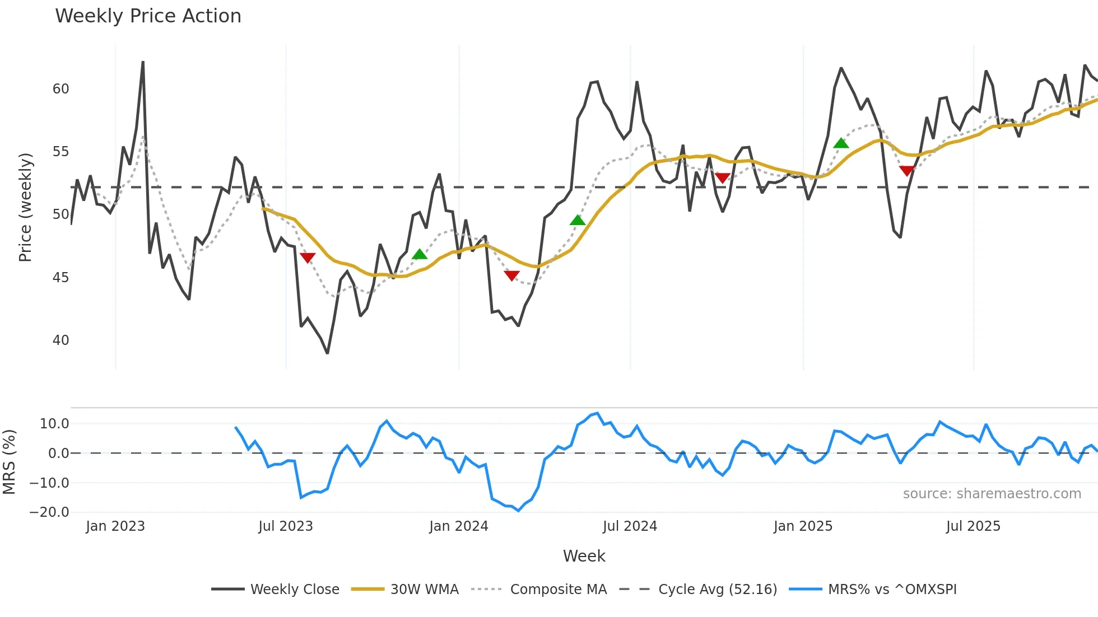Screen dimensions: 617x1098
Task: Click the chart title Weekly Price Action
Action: tap(148, 16)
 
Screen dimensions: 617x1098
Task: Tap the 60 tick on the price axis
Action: tap(61, 89)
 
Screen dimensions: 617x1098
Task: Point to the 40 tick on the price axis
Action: tap(61, 340)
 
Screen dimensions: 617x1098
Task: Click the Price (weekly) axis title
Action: tap(25, 207)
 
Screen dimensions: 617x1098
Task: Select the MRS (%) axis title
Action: tap(9, 461)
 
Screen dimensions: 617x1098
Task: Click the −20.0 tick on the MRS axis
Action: tap(49, 512)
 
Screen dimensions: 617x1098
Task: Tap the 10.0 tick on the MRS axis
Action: tap(54, 424)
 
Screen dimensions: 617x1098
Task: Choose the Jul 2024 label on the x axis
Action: tap(630, 526)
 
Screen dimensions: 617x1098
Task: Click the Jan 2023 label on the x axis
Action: tap(115, 526)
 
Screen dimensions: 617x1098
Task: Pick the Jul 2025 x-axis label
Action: tap(973, 526)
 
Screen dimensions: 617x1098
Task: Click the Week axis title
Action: tap(584, 556)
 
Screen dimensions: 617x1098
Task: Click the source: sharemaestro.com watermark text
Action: tap(992, 494)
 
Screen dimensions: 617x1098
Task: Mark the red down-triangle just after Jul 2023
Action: tap(308, 258)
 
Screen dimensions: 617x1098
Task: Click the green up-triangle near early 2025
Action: tap(841, 143)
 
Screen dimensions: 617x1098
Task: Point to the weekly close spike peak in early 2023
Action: tap(143, 62)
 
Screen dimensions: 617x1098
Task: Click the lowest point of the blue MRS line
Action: tap(518, 511)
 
